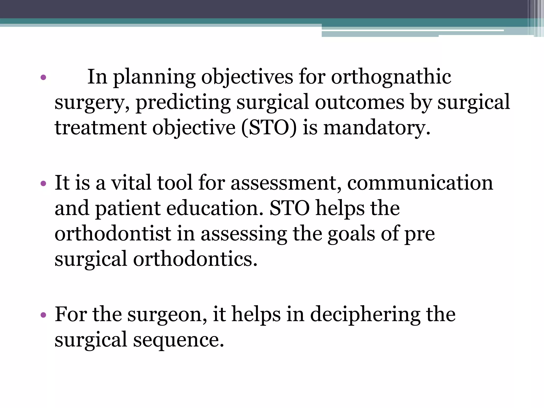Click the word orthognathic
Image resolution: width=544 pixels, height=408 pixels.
(391, 77)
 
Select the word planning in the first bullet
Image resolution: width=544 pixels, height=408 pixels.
(154, 77)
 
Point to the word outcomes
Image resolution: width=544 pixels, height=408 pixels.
(360, 102)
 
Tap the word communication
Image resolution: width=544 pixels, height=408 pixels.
(420, 183)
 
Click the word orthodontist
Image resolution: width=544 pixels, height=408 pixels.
(113, 234)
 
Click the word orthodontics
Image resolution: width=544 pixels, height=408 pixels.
(195, 259)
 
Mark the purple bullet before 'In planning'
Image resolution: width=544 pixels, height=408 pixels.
(43, 78)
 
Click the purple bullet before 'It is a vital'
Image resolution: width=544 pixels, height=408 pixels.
(43, 183)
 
